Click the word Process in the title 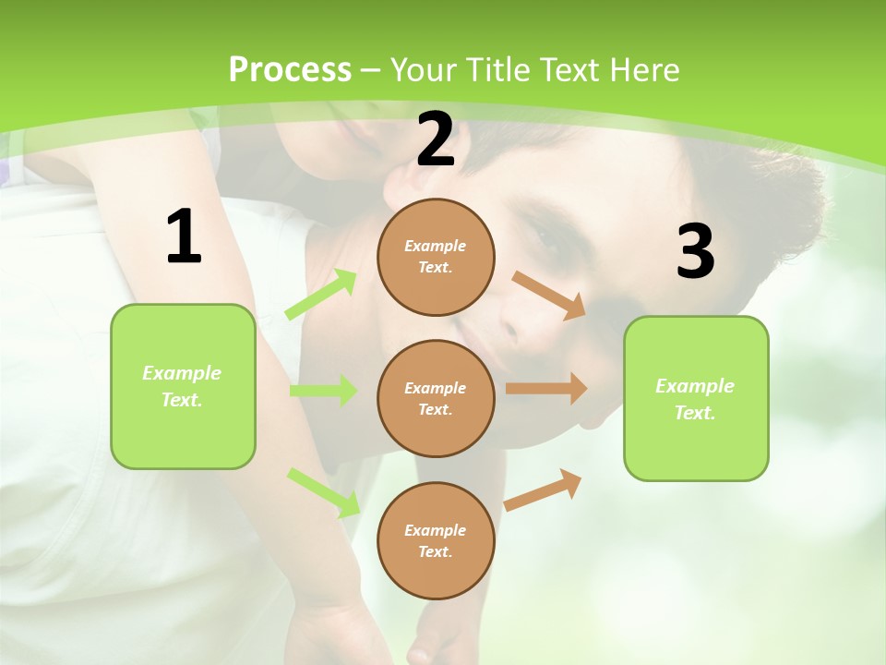290,69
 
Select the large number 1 184,237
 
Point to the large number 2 436,140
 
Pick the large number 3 695,251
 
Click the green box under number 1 183,386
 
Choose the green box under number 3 696,398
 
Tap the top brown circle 436,257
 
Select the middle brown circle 436,398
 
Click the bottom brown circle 436,540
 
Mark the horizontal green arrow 323,391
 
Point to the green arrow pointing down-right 323,492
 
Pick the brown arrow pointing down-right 549,296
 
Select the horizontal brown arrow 546,389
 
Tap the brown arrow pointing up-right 543,490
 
